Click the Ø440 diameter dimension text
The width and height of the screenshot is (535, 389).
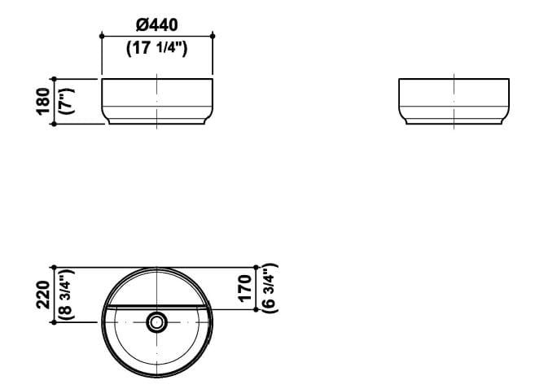coord(156,25)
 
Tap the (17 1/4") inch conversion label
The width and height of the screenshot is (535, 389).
coord(156,49)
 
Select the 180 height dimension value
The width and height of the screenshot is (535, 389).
coord(42,102)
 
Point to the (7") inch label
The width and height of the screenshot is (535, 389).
coord(66,102)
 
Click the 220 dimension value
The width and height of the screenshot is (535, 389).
coord(42,294)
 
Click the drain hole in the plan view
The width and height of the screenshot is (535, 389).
coord(156,322)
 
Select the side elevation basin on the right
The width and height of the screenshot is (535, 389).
coord(454,102)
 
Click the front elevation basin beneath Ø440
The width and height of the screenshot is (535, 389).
coord(156,102)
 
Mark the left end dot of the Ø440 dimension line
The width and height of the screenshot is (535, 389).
coord(101,36)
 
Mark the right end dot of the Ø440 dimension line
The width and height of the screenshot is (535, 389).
coord(213,36)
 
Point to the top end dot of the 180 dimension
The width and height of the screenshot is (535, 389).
coord(54,79)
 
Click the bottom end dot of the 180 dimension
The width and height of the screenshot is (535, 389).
coord(54,125)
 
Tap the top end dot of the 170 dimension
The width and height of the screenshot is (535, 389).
coord(257,267)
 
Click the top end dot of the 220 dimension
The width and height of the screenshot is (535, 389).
coord(54,267)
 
